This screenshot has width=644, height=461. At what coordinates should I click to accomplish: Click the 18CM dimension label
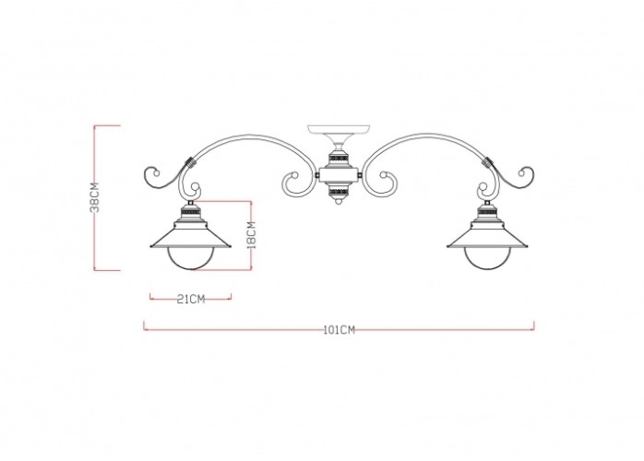(251, 234)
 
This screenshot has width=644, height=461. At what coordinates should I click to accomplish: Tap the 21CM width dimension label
(190, 299)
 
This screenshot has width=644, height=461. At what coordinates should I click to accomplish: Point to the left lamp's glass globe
(190, 259)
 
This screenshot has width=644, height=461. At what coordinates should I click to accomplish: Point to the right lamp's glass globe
(485, 259)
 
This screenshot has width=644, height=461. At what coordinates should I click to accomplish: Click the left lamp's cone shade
(190, 237)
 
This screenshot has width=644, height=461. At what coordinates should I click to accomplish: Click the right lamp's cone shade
(485, 237)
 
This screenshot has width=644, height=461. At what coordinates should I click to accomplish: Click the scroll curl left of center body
(296, 184)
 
